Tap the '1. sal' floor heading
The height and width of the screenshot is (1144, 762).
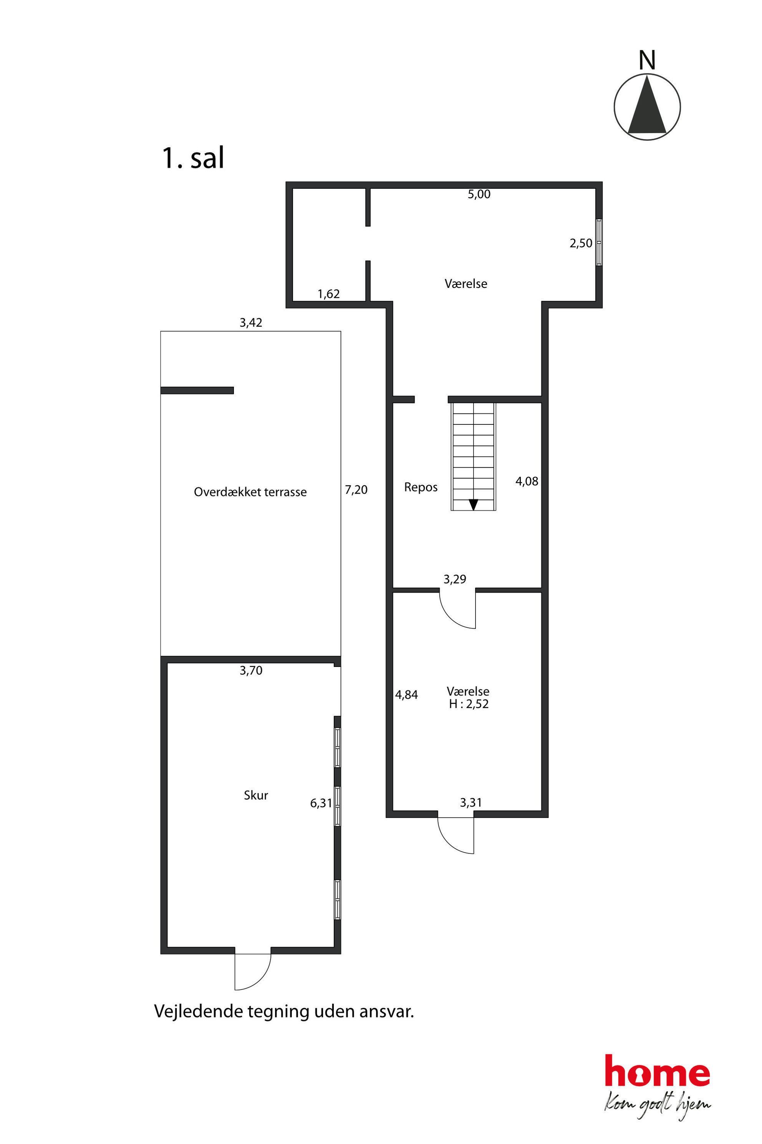(x=193, y=158)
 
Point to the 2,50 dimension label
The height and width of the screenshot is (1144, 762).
(x=581, y=243)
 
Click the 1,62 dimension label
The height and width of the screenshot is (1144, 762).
(x=328, y=294)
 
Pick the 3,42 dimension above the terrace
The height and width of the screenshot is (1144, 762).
(x=251, y=323)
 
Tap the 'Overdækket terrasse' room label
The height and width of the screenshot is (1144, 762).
(x=250, y=492)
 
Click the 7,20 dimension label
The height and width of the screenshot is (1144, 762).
(x=356, y=490)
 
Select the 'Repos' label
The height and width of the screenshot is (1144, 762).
(x=421, y=487)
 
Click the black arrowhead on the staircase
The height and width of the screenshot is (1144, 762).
(x=473, y=505)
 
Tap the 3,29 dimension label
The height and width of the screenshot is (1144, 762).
(x=454, y=579)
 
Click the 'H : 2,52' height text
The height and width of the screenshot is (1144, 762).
(x=469, y=704)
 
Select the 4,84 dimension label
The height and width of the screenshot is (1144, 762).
(x=406, y=695)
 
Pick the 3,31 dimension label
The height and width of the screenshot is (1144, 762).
(x=470, y=803)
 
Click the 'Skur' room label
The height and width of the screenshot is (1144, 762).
(x=256, y=795)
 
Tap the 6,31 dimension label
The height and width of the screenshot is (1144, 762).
(x=321, y=803)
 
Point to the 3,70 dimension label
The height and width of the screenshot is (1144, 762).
(x=251, y=671)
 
